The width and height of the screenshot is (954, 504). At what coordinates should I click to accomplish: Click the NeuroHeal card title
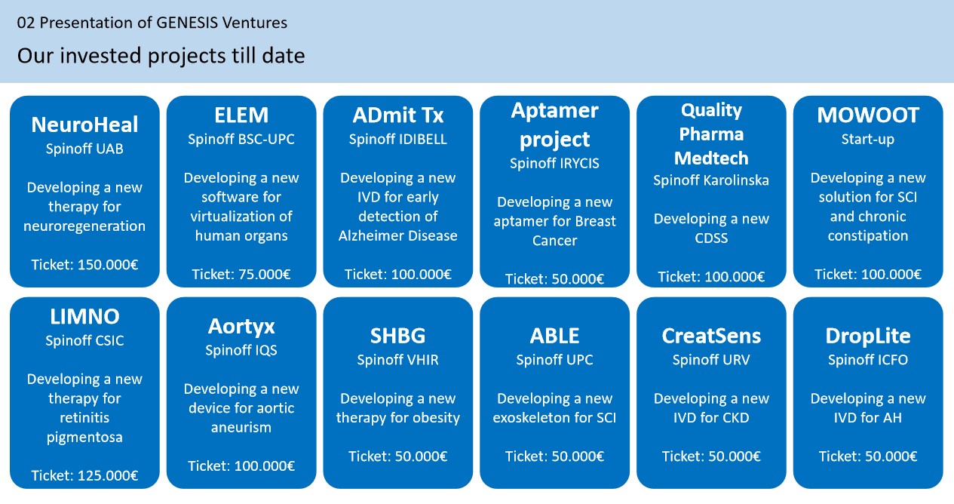point(84,124)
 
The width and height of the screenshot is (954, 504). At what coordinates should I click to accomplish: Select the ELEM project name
point(241,115)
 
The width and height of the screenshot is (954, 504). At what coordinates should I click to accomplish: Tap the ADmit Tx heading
point(397,115)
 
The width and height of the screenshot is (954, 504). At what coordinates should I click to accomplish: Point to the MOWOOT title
point(868,115)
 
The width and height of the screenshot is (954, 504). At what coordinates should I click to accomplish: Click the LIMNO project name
point(84,317)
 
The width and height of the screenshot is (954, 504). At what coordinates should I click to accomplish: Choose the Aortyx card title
point(241,327)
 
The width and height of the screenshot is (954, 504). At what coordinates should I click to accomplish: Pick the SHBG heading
point(397,336)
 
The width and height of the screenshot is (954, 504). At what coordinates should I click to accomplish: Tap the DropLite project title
point(868,336)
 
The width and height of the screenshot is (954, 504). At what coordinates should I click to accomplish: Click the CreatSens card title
point(711,336)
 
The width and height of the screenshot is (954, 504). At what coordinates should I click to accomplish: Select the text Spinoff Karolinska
point(711,180)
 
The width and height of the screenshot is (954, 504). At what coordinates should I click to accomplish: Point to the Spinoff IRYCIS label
point(554,163)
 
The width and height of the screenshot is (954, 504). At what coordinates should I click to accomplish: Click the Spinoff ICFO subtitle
point(868,360)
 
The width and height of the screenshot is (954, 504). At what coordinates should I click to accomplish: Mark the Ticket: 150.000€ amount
point(84,264)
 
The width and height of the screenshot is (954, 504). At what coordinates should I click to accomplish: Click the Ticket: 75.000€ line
point(241,274)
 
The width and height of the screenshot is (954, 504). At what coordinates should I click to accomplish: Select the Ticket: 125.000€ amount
point(84,475)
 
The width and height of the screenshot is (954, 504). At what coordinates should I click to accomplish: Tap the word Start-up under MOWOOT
point(868,140)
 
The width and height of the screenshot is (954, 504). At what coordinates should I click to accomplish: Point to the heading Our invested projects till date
point(161,56)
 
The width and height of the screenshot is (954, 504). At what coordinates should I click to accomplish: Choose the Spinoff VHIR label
point(397,360)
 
